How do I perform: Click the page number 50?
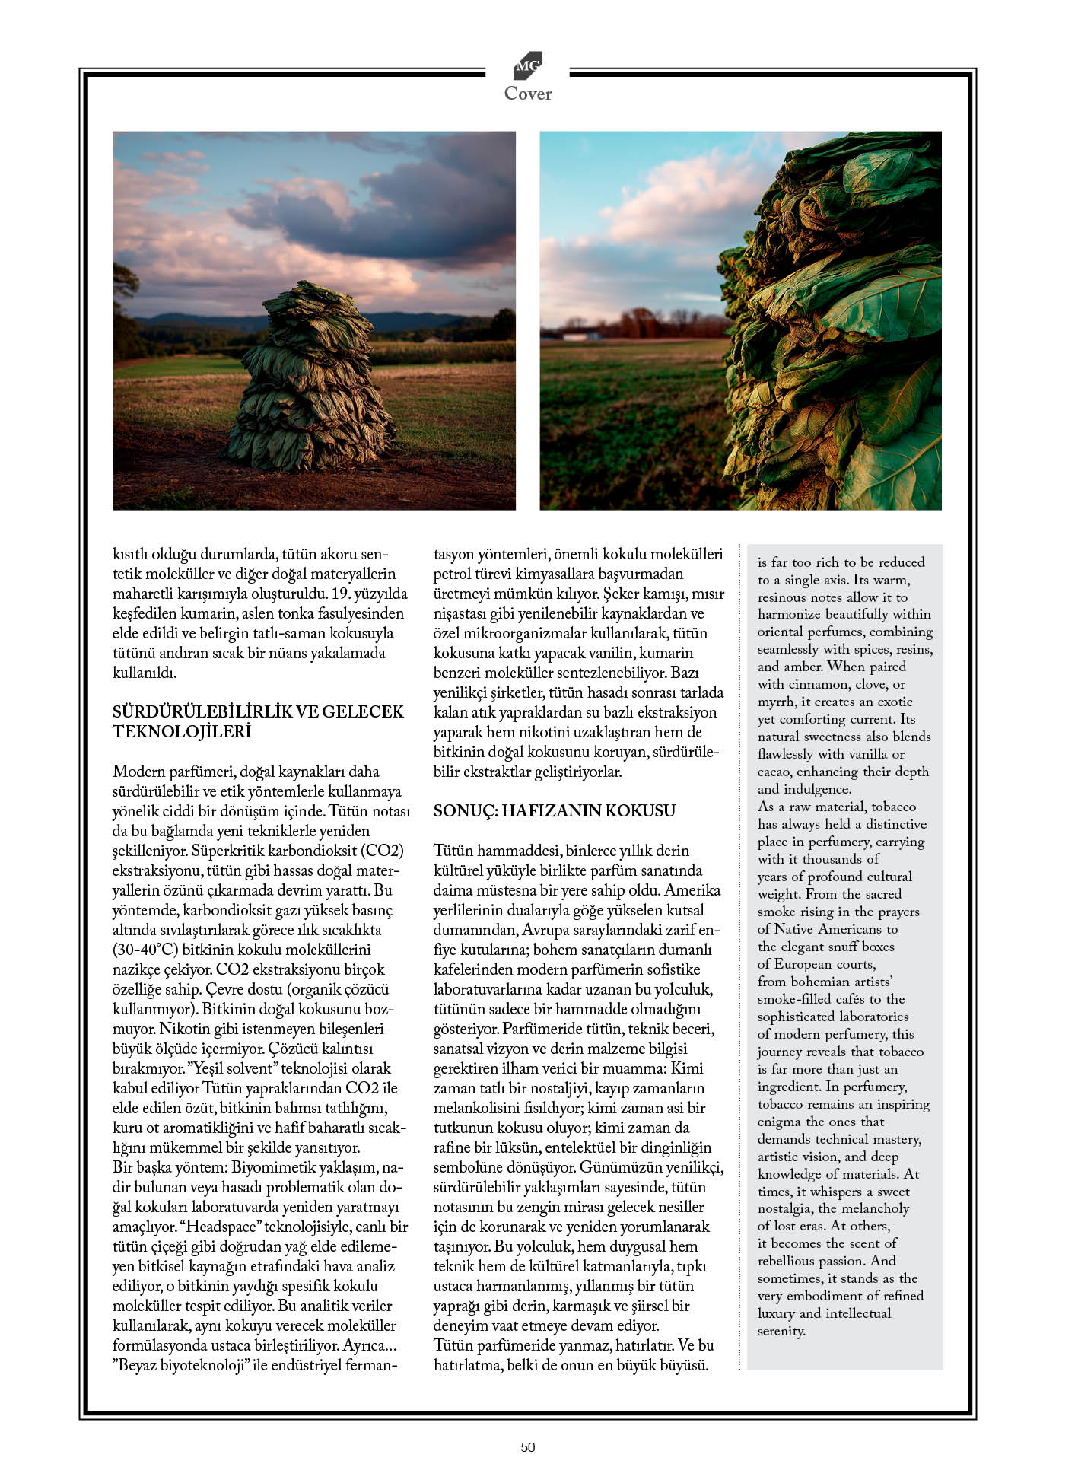(x=528, y=1447)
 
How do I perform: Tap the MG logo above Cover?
(x=528, y=65)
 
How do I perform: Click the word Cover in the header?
(x=528, y=94)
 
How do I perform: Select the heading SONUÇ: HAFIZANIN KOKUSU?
(x=554, y=810)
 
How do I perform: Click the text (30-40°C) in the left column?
(x=146, y=950)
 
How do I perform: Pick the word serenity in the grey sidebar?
(x=781, y=1331)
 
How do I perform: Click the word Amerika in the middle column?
(x=693, y=890)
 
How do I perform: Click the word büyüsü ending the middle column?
(x=683, y=1365)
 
